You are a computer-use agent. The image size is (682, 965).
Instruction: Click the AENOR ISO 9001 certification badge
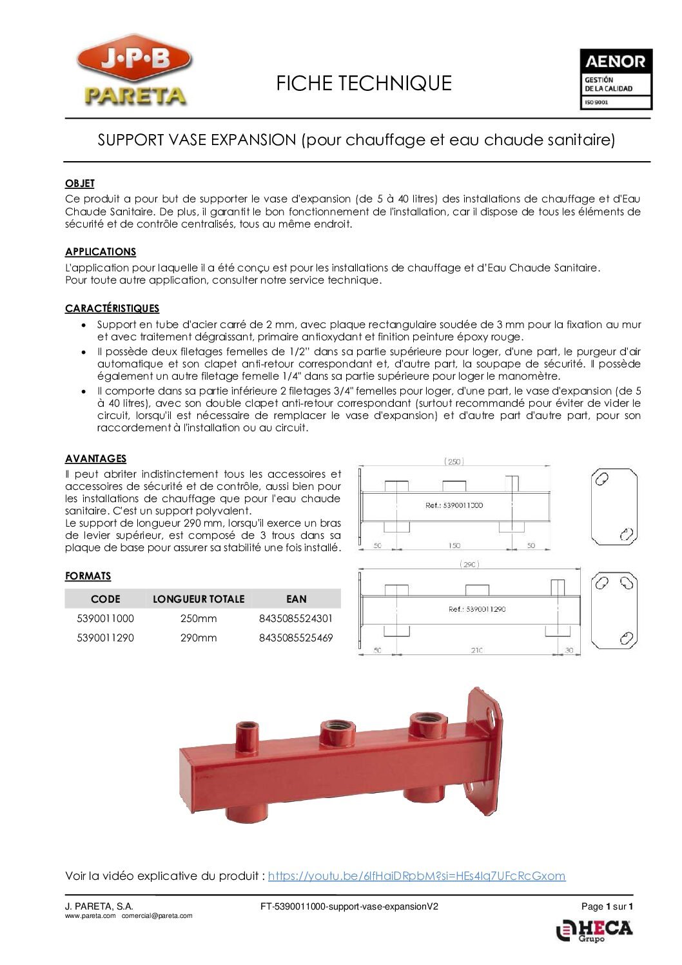[616, 79]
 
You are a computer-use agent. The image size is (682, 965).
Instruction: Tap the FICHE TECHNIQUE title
[364, 83]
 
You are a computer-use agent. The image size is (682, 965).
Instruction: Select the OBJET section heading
[80, 184]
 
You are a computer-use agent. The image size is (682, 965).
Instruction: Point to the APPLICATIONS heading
[101, 252]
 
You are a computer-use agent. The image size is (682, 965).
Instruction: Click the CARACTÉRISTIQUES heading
[112, 309]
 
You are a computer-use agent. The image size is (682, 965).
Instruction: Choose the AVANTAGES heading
[95, 459]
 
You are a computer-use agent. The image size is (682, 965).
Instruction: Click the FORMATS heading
[88, 576]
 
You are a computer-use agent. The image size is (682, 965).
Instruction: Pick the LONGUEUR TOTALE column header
[199, 599]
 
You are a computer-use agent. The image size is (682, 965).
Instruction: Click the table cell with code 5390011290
[105, 638]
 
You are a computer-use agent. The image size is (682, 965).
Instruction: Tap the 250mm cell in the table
[199, 619]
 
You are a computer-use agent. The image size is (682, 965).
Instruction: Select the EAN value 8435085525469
[296, 638]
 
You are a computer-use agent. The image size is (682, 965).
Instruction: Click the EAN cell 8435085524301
[296, 619]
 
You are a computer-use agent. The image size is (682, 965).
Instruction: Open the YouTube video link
[416, 876]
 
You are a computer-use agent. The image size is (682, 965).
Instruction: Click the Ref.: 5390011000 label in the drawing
[454, 505]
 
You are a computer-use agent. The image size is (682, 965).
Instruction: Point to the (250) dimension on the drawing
[454, 462]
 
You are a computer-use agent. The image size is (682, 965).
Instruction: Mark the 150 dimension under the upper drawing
[454, 546]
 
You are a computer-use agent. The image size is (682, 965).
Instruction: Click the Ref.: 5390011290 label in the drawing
[476, 609]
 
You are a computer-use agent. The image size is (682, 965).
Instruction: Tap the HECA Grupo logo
[594, 931]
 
